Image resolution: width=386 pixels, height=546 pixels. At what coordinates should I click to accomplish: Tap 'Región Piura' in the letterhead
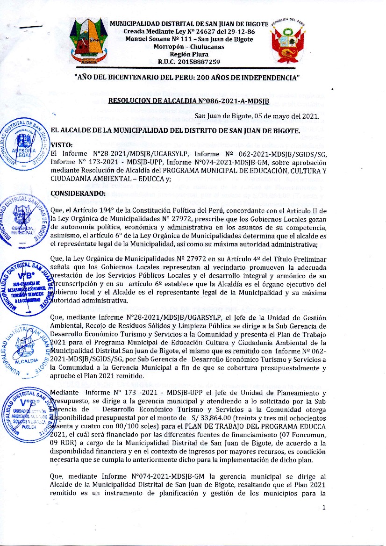[x=189, y=54]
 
